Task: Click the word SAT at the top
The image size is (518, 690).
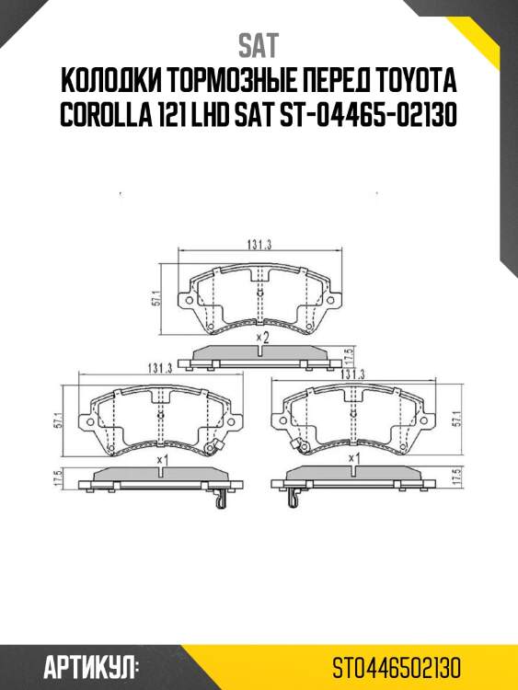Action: pos(259,45)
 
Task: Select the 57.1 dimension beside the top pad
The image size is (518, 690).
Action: pos(156,301)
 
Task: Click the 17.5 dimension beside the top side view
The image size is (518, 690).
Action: pos(348,356)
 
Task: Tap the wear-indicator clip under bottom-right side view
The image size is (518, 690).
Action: pos(294,499)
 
